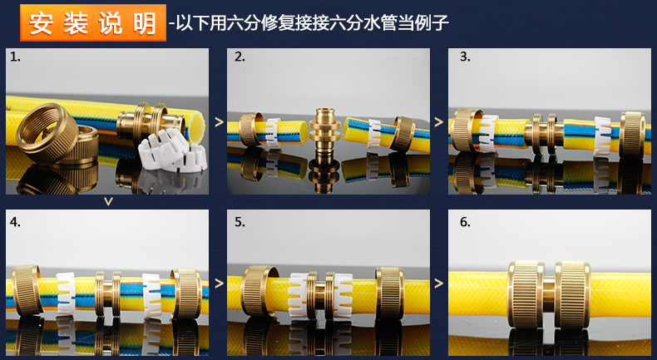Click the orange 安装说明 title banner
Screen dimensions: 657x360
[x=93, y=22]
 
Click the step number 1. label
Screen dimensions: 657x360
[x=15, y=57]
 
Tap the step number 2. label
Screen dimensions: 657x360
[x=240, y=57]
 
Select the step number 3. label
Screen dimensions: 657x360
[x=465, y=57]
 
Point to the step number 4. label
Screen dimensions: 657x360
[x=15, y=222]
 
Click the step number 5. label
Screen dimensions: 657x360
[x=240, y=222]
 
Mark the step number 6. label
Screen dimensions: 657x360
[x=465, y=222]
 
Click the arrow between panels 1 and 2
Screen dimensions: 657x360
[x=219, y=122]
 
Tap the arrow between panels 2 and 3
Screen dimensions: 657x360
[x=439, y=122]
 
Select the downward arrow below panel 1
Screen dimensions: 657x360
[x=108, y=202]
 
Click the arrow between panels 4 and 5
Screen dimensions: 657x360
[x=219, y=284]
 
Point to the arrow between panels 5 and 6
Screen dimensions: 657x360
[x=439, y=284]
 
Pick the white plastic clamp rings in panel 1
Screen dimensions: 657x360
[x=173, y=150]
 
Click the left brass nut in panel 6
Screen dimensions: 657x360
[x=526, y=294]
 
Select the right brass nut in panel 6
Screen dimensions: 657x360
[x=573, y=294]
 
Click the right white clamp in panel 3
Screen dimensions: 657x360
[x=603, y=136]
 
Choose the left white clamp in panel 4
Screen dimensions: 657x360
[x=67, y=293]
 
